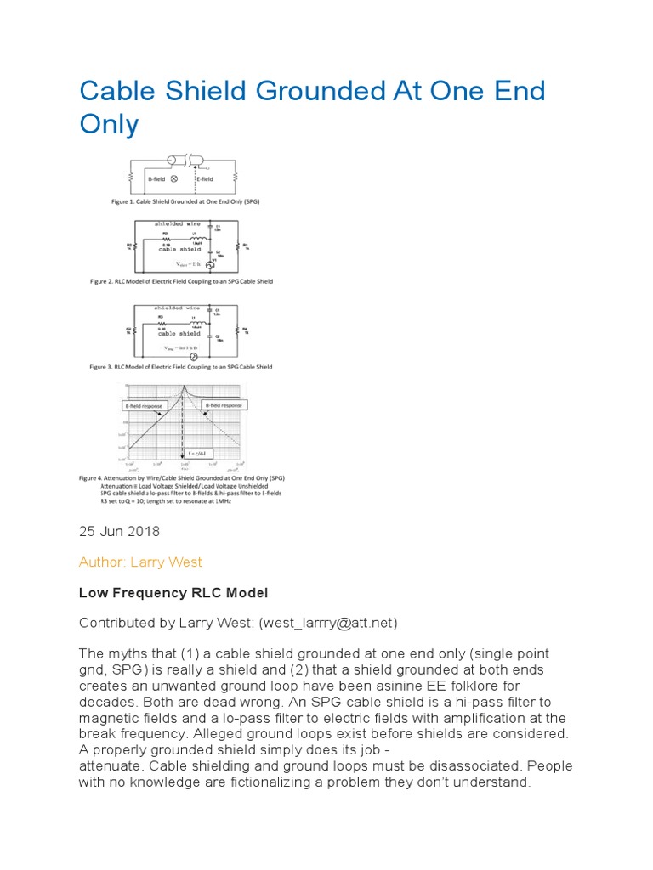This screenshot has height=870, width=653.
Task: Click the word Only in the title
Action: (x=108, y=124)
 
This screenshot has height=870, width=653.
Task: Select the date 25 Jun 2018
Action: (x=119, y=531)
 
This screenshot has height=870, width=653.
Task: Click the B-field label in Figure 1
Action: (x=156, y=179)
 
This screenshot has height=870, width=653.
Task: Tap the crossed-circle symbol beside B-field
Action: (x=174, y=179)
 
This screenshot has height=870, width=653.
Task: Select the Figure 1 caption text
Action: (x=185, y=202)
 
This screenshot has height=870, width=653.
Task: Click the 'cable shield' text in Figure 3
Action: (x=179, y=334)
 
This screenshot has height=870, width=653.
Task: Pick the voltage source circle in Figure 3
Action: (x=192, y=358)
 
